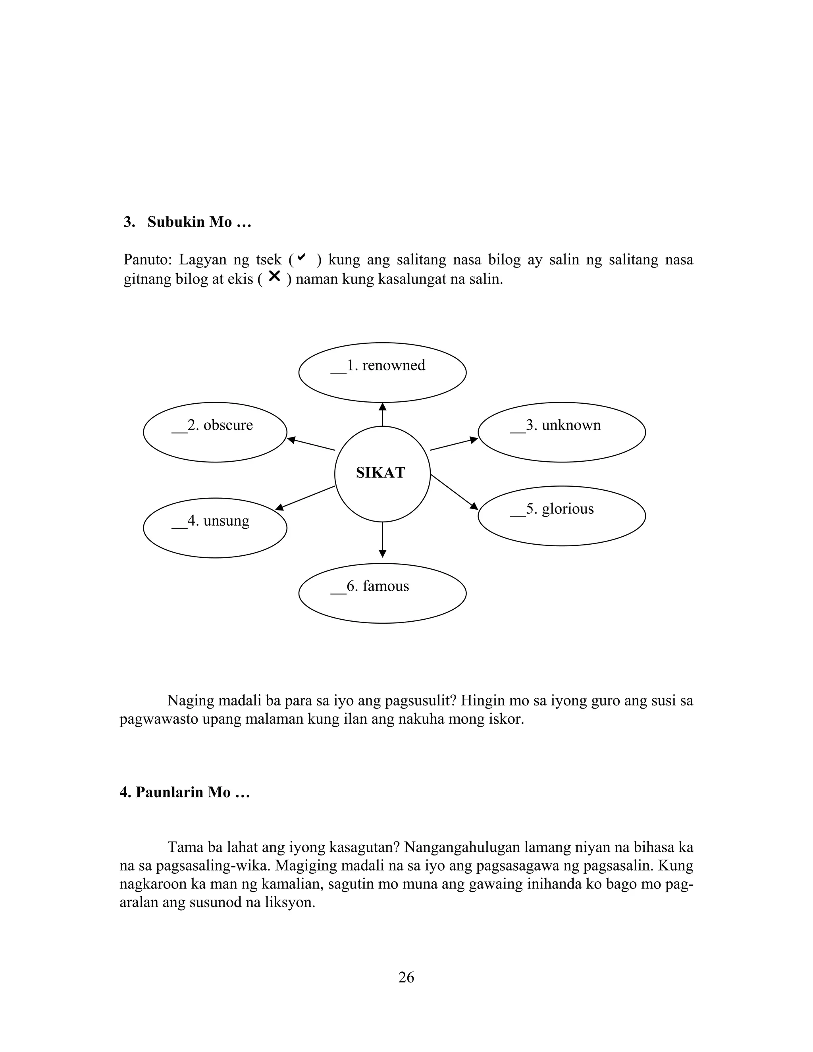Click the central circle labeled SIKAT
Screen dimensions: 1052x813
click(382, 474)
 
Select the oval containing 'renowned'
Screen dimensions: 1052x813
click(382, 372)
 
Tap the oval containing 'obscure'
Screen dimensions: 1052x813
click(215, 432)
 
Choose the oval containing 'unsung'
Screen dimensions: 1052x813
click(215, 528)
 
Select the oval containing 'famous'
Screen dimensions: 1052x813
click(382, 593)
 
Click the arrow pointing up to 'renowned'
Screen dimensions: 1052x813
click(382, 414)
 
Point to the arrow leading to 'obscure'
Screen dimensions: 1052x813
click(311, 444)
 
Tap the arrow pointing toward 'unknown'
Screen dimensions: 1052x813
click(454, 444)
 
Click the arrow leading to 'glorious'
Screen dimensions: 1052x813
click(454, 492)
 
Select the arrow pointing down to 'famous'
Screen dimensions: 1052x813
click(382, 539)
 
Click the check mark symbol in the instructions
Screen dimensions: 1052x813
click(302, 258)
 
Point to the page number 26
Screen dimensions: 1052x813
click(406, 977)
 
